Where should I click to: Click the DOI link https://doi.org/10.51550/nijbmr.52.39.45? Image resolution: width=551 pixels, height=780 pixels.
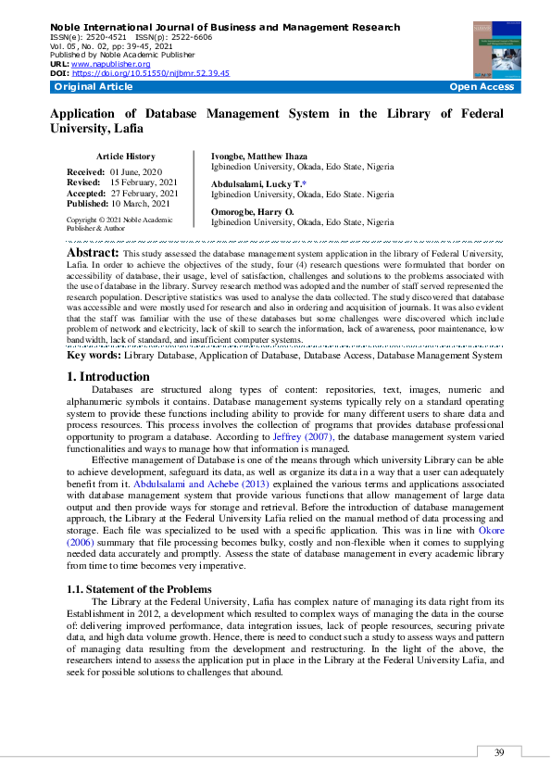pos(150,72)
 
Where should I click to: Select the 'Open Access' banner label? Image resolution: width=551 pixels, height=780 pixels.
pos(481,86)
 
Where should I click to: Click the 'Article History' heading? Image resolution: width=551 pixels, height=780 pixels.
pos(126,157)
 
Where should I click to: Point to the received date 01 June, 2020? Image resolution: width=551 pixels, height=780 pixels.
pos(135,173)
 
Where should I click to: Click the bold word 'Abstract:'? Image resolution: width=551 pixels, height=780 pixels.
pos(93,253)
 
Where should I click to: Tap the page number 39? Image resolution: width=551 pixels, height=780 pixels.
pos(499,752)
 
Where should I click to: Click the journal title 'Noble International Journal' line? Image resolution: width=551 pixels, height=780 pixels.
pos(224,28)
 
